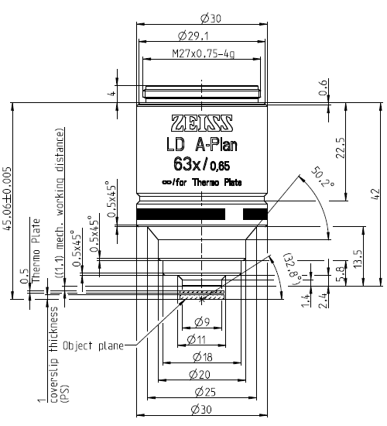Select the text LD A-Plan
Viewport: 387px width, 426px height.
(x=200, y=145)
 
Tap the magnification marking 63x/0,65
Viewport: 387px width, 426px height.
(x=200, y=163)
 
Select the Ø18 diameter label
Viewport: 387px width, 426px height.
(x=200, y=356)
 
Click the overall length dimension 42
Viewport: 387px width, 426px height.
(x=375, y=192)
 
